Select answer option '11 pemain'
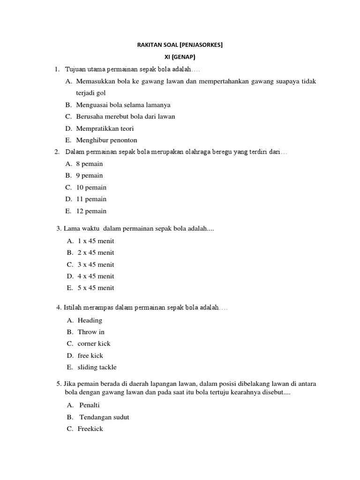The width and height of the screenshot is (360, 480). pos(91,199)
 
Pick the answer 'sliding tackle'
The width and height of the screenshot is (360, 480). pos(97,367)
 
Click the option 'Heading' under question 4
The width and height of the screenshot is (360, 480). pos(90,321)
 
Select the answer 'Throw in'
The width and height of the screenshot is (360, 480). pos(91,332)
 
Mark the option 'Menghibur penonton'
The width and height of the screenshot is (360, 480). pos(107,140)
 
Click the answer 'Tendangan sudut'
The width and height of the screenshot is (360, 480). pos(104,417)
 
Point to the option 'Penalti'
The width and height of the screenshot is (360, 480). pos(90,405)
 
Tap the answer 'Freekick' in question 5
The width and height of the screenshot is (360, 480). pos(90,429)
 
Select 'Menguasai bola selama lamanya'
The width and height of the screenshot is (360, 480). pos(123,105)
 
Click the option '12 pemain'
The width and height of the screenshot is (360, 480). pos(91,211)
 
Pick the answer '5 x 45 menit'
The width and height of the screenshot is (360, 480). pos(96,288)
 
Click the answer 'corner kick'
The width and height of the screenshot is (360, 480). pos(94,344)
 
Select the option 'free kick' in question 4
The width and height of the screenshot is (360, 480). pos(90,356)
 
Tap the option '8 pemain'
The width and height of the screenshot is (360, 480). pos(90,164)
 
